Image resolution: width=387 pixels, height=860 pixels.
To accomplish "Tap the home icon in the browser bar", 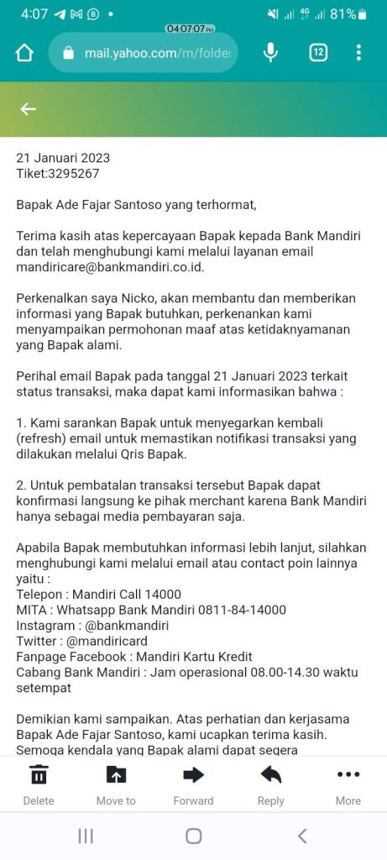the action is [x=24, y=53].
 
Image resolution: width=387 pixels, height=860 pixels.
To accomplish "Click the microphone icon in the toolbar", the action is [x=270, y=53].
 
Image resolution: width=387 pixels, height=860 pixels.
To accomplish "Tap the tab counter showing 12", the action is [x=318, y=53].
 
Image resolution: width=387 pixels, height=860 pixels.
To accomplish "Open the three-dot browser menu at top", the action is [x=358, y=53].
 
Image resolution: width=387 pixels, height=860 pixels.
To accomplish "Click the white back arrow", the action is [x=29, y=108].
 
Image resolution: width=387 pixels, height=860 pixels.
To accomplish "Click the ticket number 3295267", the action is [x=73, y=174].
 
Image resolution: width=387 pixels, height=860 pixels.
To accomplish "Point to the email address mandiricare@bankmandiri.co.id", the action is [x=110, y=267].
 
